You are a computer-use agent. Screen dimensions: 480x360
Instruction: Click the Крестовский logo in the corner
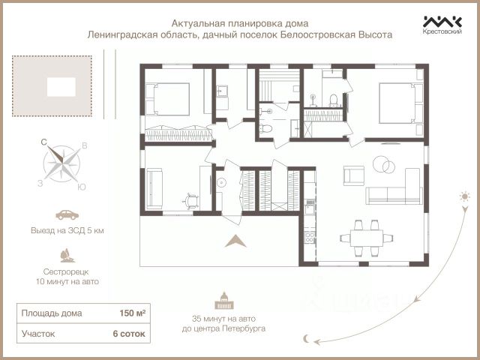(x=442, y=25)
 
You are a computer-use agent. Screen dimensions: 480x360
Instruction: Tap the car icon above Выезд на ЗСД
(x=67, y=214)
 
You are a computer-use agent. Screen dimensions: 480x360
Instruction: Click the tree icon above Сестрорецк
(x=67, y=256)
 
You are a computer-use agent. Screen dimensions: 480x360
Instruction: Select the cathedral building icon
(x=224, y=301)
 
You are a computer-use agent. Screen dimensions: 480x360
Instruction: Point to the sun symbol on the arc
(x=465, y=196)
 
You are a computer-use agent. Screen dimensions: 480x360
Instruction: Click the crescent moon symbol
(x=307, y=338)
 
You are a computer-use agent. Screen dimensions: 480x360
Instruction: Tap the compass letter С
(x=43, y=142)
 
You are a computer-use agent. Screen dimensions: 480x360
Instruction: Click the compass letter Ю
(x=82, y=187)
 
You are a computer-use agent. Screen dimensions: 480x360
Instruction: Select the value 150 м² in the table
(x=132, y=313)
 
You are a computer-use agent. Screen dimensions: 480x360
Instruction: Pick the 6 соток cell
(x=129, y=333)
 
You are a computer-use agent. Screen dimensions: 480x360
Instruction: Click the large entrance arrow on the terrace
(x=235, y=241)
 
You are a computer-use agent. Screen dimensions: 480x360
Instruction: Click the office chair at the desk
(x=191, y=202)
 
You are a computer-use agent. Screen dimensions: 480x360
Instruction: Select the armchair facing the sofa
(x=353, y=175)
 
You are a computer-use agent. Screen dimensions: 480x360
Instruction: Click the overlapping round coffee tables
(x=384, y=164)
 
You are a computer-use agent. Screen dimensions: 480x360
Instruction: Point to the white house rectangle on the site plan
(x=61, y=87)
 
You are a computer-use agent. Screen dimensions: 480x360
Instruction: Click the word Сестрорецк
(x=66, y=271)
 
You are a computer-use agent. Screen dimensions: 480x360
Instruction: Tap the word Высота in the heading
(x=376, y=34)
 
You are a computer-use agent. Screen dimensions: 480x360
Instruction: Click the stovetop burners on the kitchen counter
(x=310, y=237)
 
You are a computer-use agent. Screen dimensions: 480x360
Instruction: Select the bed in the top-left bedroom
(x=167, y=99)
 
